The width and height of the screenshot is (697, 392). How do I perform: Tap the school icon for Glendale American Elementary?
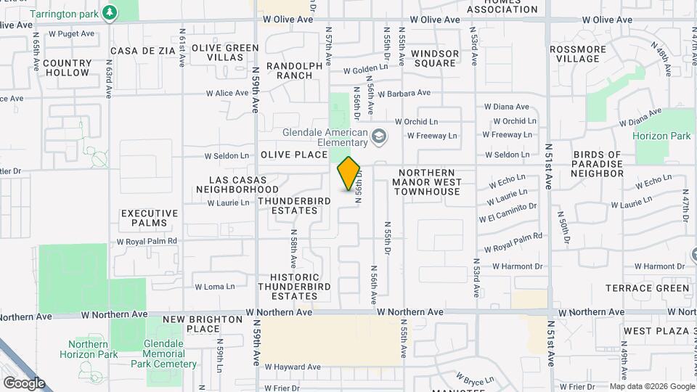378,136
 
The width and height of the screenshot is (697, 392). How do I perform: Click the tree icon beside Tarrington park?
109,12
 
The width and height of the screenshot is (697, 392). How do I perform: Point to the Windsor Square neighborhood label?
435,58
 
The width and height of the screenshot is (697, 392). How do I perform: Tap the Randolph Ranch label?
294,70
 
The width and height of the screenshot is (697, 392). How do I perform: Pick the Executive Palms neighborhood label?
150,219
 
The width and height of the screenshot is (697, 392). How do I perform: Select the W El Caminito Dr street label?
508,213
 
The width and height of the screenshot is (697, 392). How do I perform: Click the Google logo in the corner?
23,383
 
